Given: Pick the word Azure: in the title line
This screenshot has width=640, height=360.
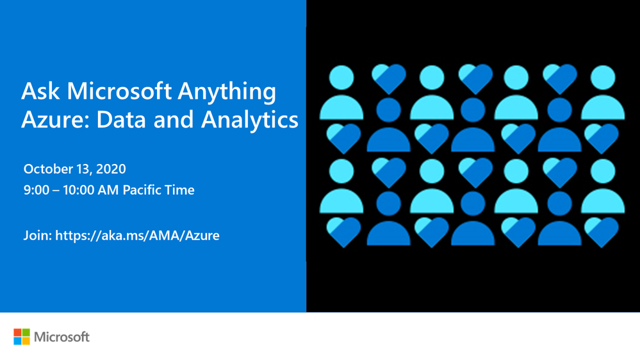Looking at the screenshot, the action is [55, 120].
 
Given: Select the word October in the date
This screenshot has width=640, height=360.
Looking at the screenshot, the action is [49, 168].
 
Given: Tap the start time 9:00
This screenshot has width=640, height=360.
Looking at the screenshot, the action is [37, 190].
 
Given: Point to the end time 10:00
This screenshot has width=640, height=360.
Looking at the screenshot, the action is [78, 190].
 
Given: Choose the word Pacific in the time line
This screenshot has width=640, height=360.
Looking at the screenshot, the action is [139, 190].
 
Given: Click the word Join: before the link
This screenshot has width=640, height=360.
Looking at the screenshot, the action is [38, 236].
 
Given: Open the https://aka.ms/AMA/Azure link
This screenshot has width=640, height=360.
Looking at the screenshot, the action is [137, 236].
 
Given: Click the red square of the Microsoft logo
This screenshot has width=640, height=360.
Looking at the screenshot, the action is [17, 332].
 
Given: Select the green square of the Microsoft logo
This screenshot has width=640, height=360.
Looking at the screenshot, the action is [26, 332].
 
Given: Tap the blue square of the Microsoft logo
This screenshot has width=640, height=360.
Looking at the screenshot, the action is [17, 341].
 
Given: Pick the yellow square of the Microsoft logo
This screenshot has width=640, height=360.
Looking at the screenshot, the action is [26, 341].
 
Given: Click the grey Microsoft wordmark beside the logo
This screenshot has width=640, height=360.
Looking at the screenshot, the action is [62, 337].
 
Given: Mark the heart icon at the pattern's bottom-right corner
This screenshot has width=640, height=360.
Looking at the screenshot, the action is [602, 232].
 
